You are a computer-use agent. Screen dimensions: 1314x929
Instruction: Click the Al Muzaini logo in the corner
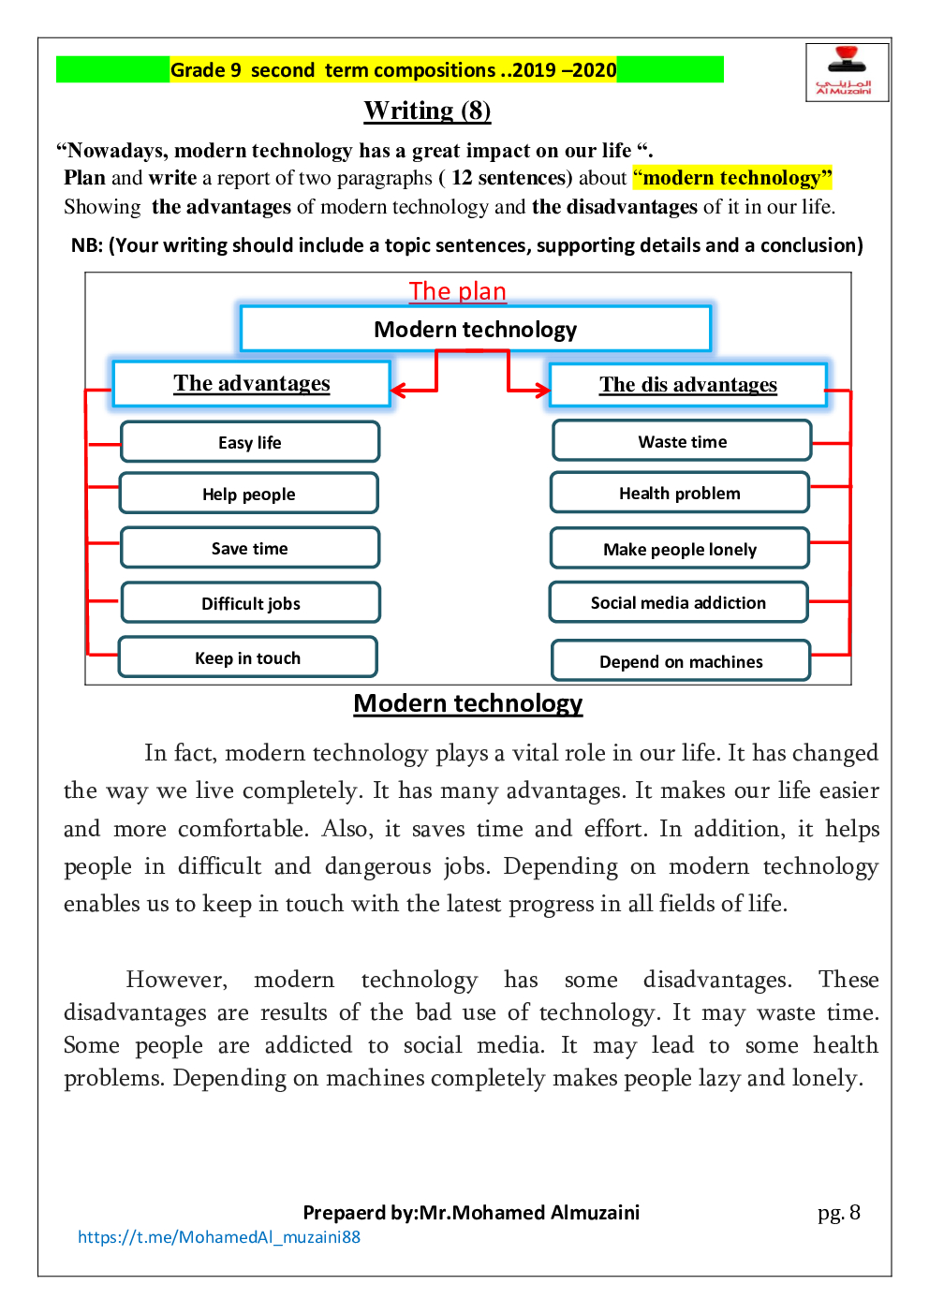tap(846, 72)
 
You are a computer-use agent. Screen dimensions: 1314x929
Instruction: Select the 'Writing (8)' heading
tap(427, 111)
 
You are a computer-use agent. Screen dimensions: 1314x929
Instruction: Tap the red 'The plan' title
tap(457, 291)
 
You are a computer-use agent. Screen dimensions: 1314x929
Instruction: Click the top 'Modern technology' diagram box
tap(475, 329)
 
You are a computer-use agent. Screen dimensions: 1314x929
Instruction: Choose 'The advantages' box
tap(251, 384)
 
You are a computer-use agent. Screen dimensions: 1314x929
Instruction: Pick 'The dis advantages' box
tap(687, 385)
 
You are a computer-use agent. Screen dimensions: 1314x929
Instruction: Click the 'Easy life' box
tap(250, 442)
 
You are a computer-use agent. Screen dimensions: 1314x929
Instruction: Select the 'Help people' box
tap(249, 494)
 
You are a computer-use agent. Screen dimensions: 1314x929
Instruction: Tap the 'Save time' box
tap(250, 548)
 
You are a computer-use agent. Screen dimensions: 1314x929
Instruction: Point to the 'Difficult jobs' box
tap(251, 603)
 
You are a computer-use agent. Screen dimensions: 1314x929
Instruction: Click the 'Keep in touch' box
tap(248, 657)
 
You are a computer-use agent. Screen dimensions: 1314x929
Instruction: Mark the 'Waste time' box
tap(682, 441)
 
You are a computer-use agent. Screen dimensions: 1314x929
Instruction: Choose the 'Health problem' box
tap(679, 493)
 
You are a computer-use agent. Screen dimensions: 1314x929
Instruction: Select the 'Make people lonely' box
tap(679, 549)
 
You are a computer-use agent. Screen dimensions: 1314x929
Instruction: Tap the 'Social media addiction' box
tap(678, 602)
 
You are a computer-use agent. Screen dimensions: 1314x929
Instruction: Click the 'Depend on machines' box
tap(681, 661)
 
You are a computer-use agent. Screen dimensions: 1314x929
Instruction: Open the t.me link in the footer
tap(219, 1237)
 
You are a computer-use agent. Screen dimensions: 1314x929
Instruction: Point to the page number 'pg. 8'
tap(838, 1213)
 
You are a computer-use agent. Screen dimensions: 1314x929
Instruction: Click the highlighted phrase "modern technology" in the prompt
tap(732, 178)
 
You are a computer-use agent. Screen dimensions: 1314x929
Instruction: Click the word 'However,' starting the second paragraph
tap(176, 980)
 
